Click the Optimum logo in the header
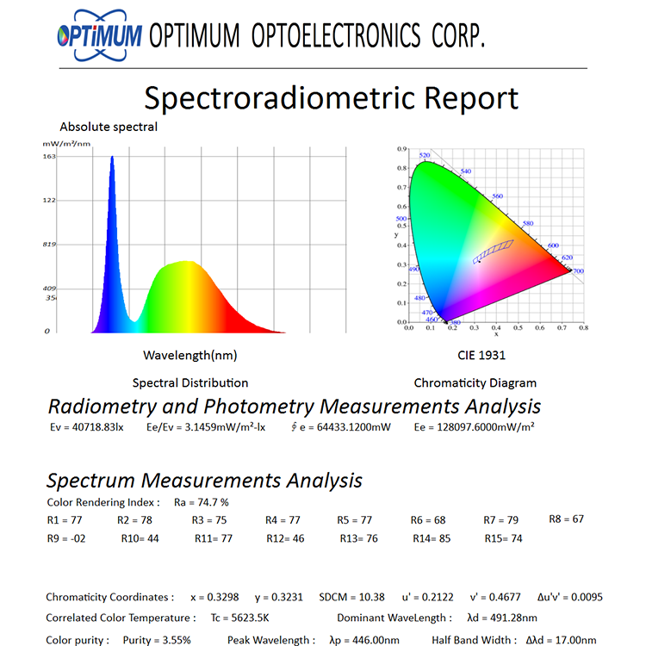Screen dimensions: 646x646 98,36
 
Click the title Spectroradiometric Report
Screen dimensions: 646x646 331,98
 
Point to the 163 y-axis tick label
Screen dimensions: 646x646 49,157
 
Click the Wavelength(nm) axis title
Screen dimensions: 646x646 189,355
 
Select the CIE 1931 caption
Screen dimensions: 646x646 481,355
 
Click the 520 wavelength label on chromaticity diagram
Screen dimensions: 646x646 424,156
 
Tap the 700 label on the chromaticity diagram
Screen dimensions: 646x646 578,271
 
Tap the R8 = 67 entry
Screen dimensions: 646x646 567,519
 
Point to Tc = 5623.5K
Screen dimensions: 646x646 241,618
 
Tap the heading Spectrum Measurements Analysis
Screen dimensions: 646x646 204,481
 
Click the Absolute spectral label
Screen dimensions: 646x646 109,127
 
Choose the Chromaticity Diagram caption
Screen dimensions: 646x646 475,382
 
